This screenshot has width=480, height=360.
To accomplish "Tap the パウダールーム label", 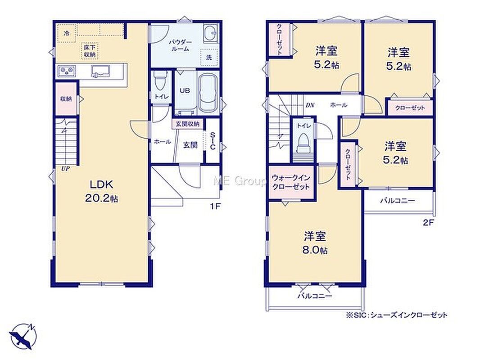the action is click(181, 45).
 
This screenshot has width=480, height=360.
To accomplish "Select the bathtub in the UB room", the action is click(208, 93).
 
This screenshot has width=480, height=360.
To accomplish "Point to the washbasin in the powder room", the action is click(210, 32).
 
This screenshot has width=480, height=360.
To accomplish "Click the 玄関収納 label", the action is click(187, 124).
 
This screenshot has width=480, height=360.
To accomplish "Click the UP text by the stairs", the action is click(65, 169).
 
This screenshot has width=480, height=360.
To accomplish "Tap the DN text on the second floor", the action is click(310, 105).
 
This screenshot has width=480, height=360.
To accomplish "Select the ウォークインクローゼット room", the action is click(292, 182).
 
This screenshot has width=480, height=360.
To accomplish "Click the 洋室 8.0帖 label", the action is click(315, 243).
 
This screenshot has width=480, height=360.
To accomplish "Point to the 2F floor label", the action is click(429, 223).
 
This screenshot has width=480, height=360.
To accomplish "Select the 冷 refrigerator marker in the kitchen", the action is click(66, 33).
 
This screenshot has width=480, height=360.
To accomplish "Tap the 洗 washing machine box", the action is click(209, 58).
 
